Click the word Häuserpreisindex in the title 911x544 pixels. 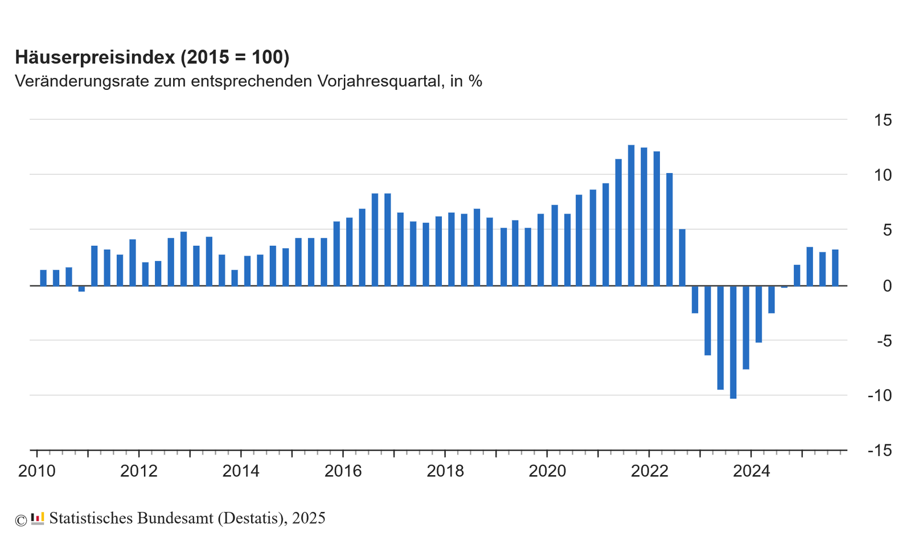(x=95, y=57)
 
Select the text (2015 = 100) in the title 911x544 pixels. (x=235, y=57)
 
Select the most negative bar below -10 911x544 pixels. (x=733, y=341)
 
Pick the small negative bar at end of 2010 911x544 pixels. (x=81, y=289)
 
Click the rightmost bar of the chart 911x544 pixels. (x=835, y=267)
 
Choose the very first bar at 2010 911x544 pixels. (x=43, y=278)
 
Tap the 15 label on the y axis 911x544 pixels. (x=883, y=120)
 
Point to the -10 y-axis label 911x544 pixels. (x=879, y=395)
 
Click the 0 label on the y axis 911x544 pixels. (x=887, y=286)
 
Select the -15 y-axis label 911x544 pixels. (x=879, y=451)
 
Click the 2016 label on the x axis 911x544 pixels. (x=343, y=471)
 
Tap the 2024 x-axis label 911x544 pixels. (x=751, y=471)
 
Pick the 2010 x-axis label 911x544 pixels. (x=37, y=471)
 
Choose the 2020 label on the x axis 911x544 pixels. (x=547, y=471)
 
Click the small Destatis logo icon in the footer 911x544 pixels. (x=38, y=518)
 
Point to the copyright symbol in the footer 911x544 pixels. (x=21, y=520)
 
